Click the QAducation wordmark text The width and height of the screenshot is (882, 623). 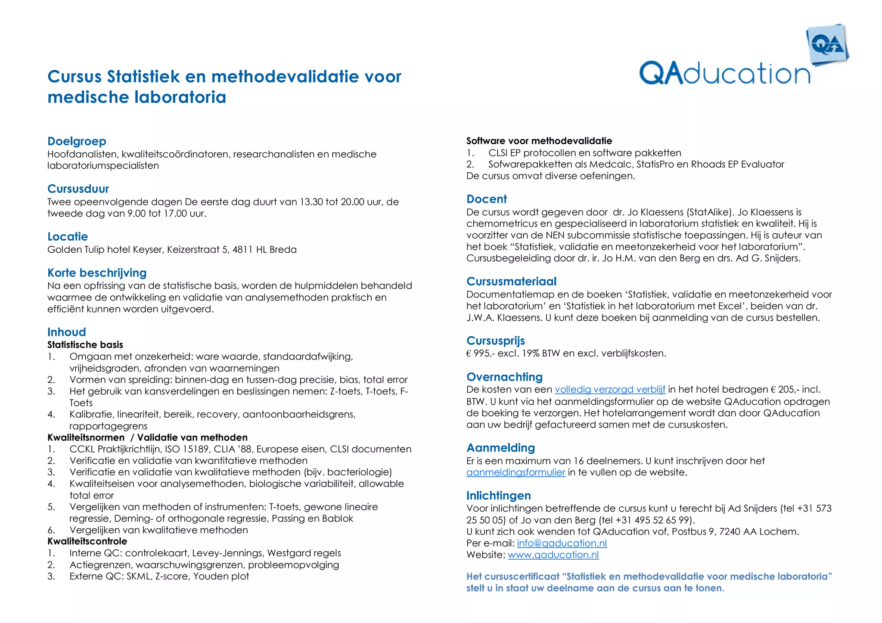coord(724,74)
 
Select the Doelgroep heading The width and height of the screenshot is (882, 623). coord(77,141)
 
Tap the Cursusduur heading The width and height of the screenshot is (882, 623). coord(78,189)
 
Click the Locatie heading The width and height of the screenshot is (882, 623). coord(68,237)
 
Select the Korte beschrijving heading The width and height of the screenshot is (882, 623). coord(97,273)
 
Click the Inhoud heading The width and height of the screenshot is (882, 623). coord(67,332)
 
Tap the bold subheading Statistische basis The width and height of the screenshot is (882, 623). coord(85,345)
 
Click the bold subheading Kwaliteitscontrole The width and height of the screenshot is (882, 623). coord(87,541)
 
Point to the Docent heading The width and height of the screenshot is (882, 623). coord(486,199)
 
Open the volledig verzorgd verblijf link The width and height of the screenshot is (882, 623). coord(610,390)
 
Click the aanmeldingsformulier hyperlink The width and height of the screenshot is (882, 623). coord(516,472)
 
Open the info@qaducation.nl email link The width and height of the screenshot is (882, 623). coord(562,543)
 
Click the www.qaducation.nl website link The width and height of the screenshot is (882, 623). coord(553,555)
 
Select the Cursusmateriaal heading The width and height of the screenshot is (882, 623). coord(511,282)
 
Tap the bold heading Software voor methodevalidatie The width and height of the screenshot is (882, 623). coord(539,141)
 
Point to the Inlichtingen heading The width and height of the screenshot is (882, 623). coord(498,496)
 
